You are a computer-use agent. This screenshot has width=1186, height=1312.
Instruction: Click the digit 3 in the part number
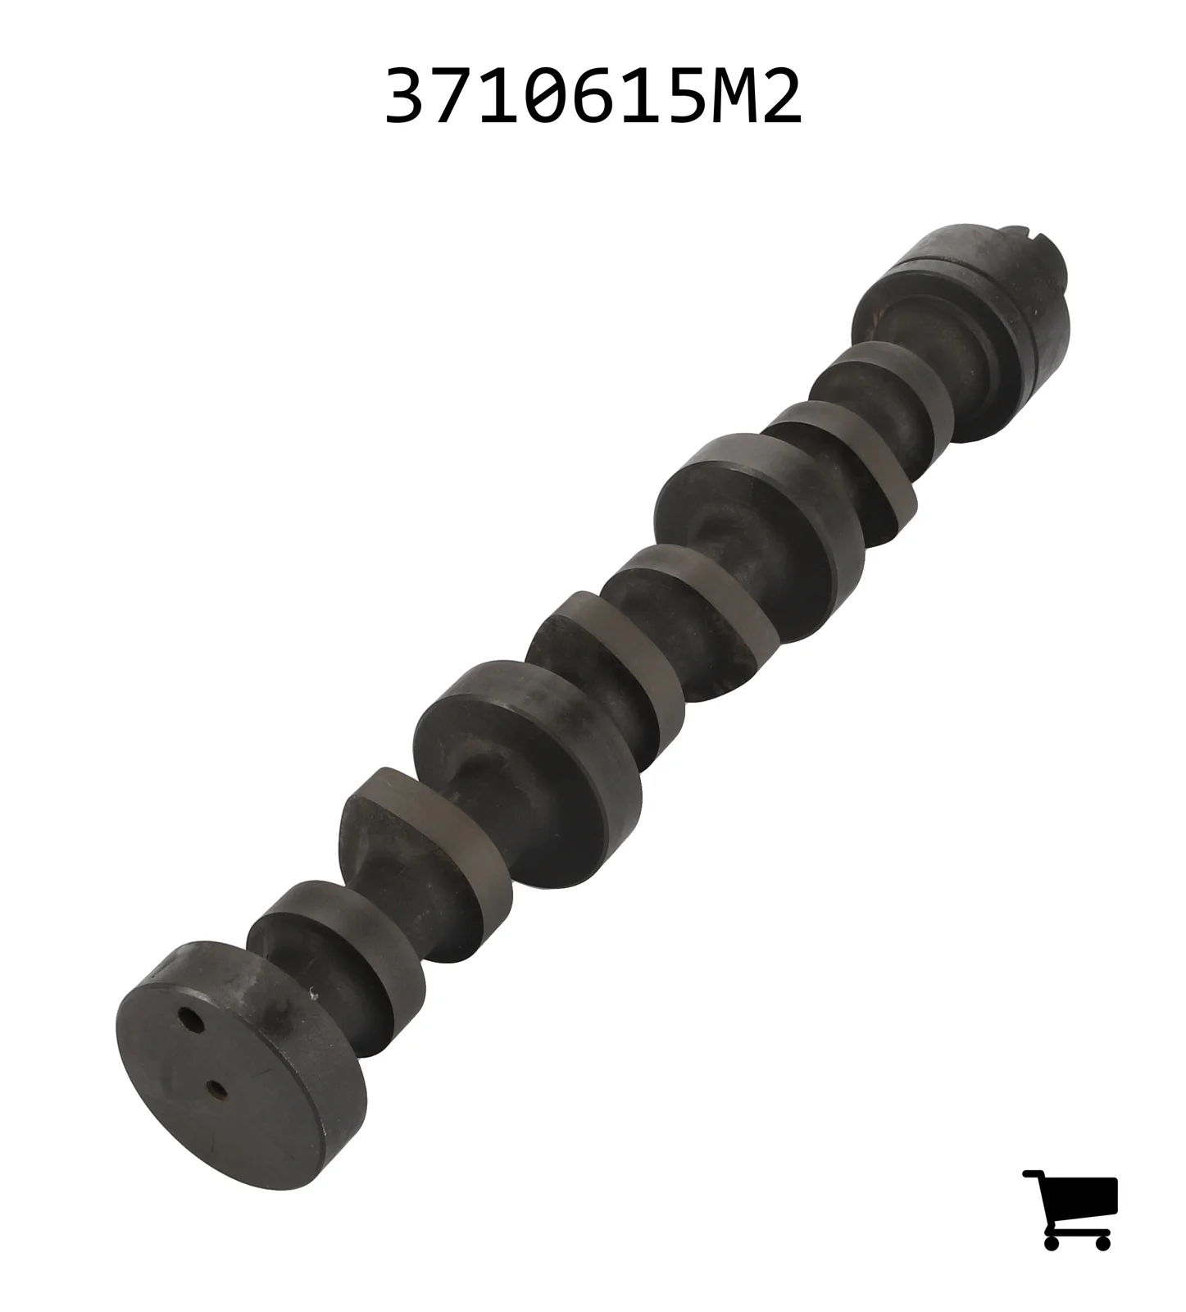pos(409,97)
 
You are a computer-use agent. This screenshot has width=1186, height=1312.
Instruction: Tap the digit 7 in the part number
pos(455,97)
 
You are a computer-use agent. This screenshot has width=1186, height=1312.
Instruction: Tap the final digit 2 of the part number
pos(779,97)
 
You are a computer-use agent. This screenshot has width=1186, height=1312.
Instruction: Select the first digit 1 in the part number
pos(502,97)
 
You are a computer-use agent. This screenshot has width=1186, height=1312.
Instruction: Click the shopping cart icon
pos(1070,1209)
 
